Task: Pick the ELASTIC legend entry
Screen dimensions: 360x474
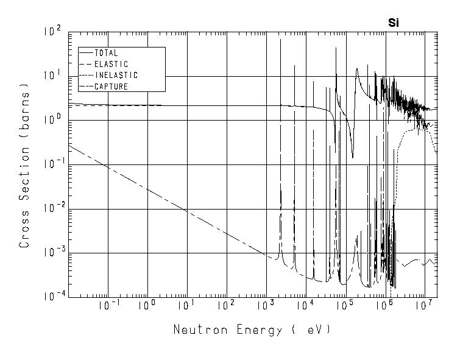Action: (111, 64)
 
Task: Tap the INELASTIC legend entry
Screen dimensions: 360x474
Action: (116, 76)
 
